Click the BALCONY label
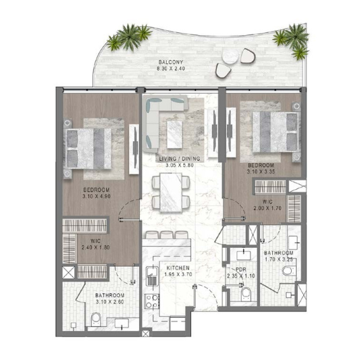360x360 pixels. tap(171, 62)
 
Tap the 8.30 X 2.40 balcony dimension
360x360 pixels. tap(171, 68)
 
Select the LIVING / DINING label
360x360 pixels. tap(180, 159)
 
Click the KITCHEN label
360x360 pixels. tap(178, 268)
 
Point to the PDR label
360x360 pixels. tap(241, 269)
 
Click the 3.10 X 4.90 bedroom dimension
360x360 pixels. tap(97, 197)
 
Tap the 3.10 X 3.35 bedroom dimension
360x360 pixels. tap(261, 172)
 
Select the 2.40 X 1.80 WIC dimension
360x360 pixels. tap(95, 247)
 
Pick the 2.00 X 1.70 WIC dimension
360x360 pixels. tap(267, 208)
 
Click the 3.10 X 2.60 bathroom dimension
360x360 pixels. tap(109, 302)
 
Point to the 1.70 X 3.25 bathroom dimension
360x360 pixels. tap(279, 259)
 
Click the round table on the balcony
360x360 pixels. tap(230, 57)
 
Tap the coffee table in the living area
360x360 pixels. tap(174, 134)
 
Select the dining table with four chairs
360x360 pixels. tap(171, 192)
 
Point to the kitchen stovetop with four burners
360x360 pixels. tap(151, 301)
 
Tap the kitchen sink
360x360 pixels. tap(152, 276)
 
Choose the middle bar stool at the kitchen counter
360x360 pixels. tap(167, 235)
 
